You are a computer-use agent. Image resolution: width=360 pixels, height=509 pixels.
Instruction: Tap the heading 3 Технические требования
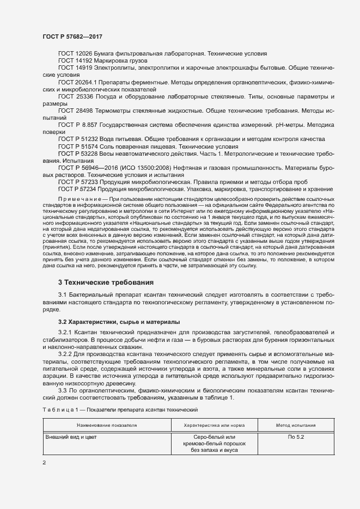[106, 283]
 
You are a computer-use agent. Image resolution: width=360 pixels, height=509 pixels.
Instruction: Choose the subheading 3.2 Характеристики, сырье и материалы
[112, 322]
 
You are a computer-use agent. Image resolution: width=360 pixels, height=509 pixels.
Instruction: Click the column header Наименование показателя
[107, 425]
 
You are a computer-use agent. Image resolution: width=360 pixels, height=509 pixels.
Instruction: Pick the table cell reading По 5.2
[296, 437]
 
